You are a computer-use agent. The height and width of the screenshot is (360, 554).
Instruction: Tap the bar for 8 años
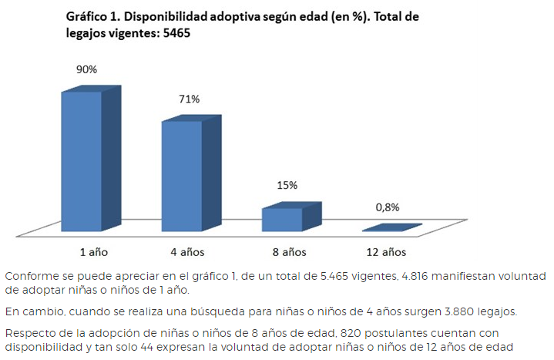(x=282, y=219)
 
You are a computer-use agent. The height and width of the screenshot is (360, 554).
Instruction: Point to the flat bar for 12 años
(x=391, y=227)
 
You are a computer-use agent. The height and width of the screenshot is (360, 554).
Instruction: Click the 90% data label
(x=86, y=69)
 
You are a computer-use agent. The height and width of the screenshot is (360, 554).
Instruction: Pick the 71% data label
(x=189, y=99)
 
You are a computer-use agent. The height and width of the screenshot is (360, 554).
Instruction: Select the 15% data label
(x=287, y=186)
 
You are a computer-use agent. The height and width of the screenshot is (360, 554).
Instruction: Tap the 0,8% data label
(x=388, y=207)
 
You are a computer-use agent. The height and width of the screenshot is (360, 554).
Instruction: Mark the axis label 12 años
(x=386, y=252)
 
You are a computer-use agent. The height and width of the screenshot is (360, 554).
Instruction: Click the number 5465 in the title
(x=174, y=33)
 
